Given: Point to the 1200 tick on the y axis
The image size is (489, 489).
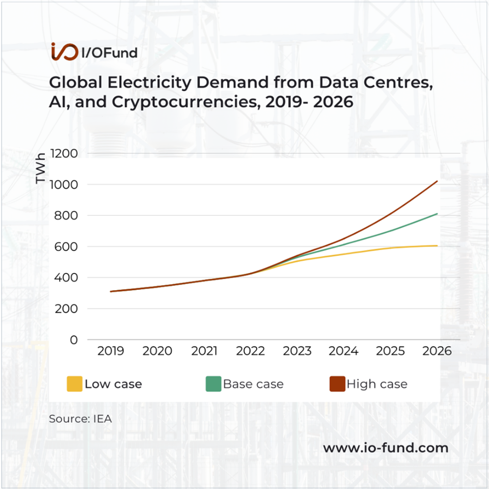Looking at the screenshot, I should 64,153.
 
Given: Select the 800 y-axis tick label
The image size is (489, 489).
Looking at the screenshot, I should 66,215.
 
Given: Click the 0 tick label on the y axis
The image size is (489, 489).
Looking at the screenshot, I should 74,340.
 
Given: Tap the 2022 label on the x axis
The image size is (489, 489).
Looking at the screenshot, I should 251,351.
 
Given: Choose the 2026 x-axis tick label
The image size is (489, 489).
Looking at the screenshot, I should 437,351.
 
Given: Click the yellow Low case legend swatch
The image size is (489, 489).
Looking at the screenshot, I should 74,384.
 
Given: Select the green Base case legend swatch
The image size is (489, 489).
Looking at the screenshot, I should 213,384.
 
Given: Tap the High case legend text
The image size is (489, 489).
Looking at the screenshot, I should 377,384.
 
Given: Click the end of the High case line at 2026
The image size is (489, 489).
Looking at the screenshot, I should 437,181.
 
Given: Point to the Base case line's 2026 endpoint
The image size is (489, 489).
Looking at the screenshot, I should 437,214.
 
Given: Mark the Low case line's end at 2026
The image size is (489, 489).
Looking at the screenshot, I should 437,246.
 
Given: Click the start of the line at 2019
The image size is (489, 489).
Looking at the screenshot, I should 111,291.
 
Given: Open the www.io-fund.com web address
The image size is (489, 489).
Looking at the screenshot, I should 386,448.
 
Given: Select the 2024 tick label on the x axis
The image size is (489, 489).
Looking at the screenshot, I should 344,351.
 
